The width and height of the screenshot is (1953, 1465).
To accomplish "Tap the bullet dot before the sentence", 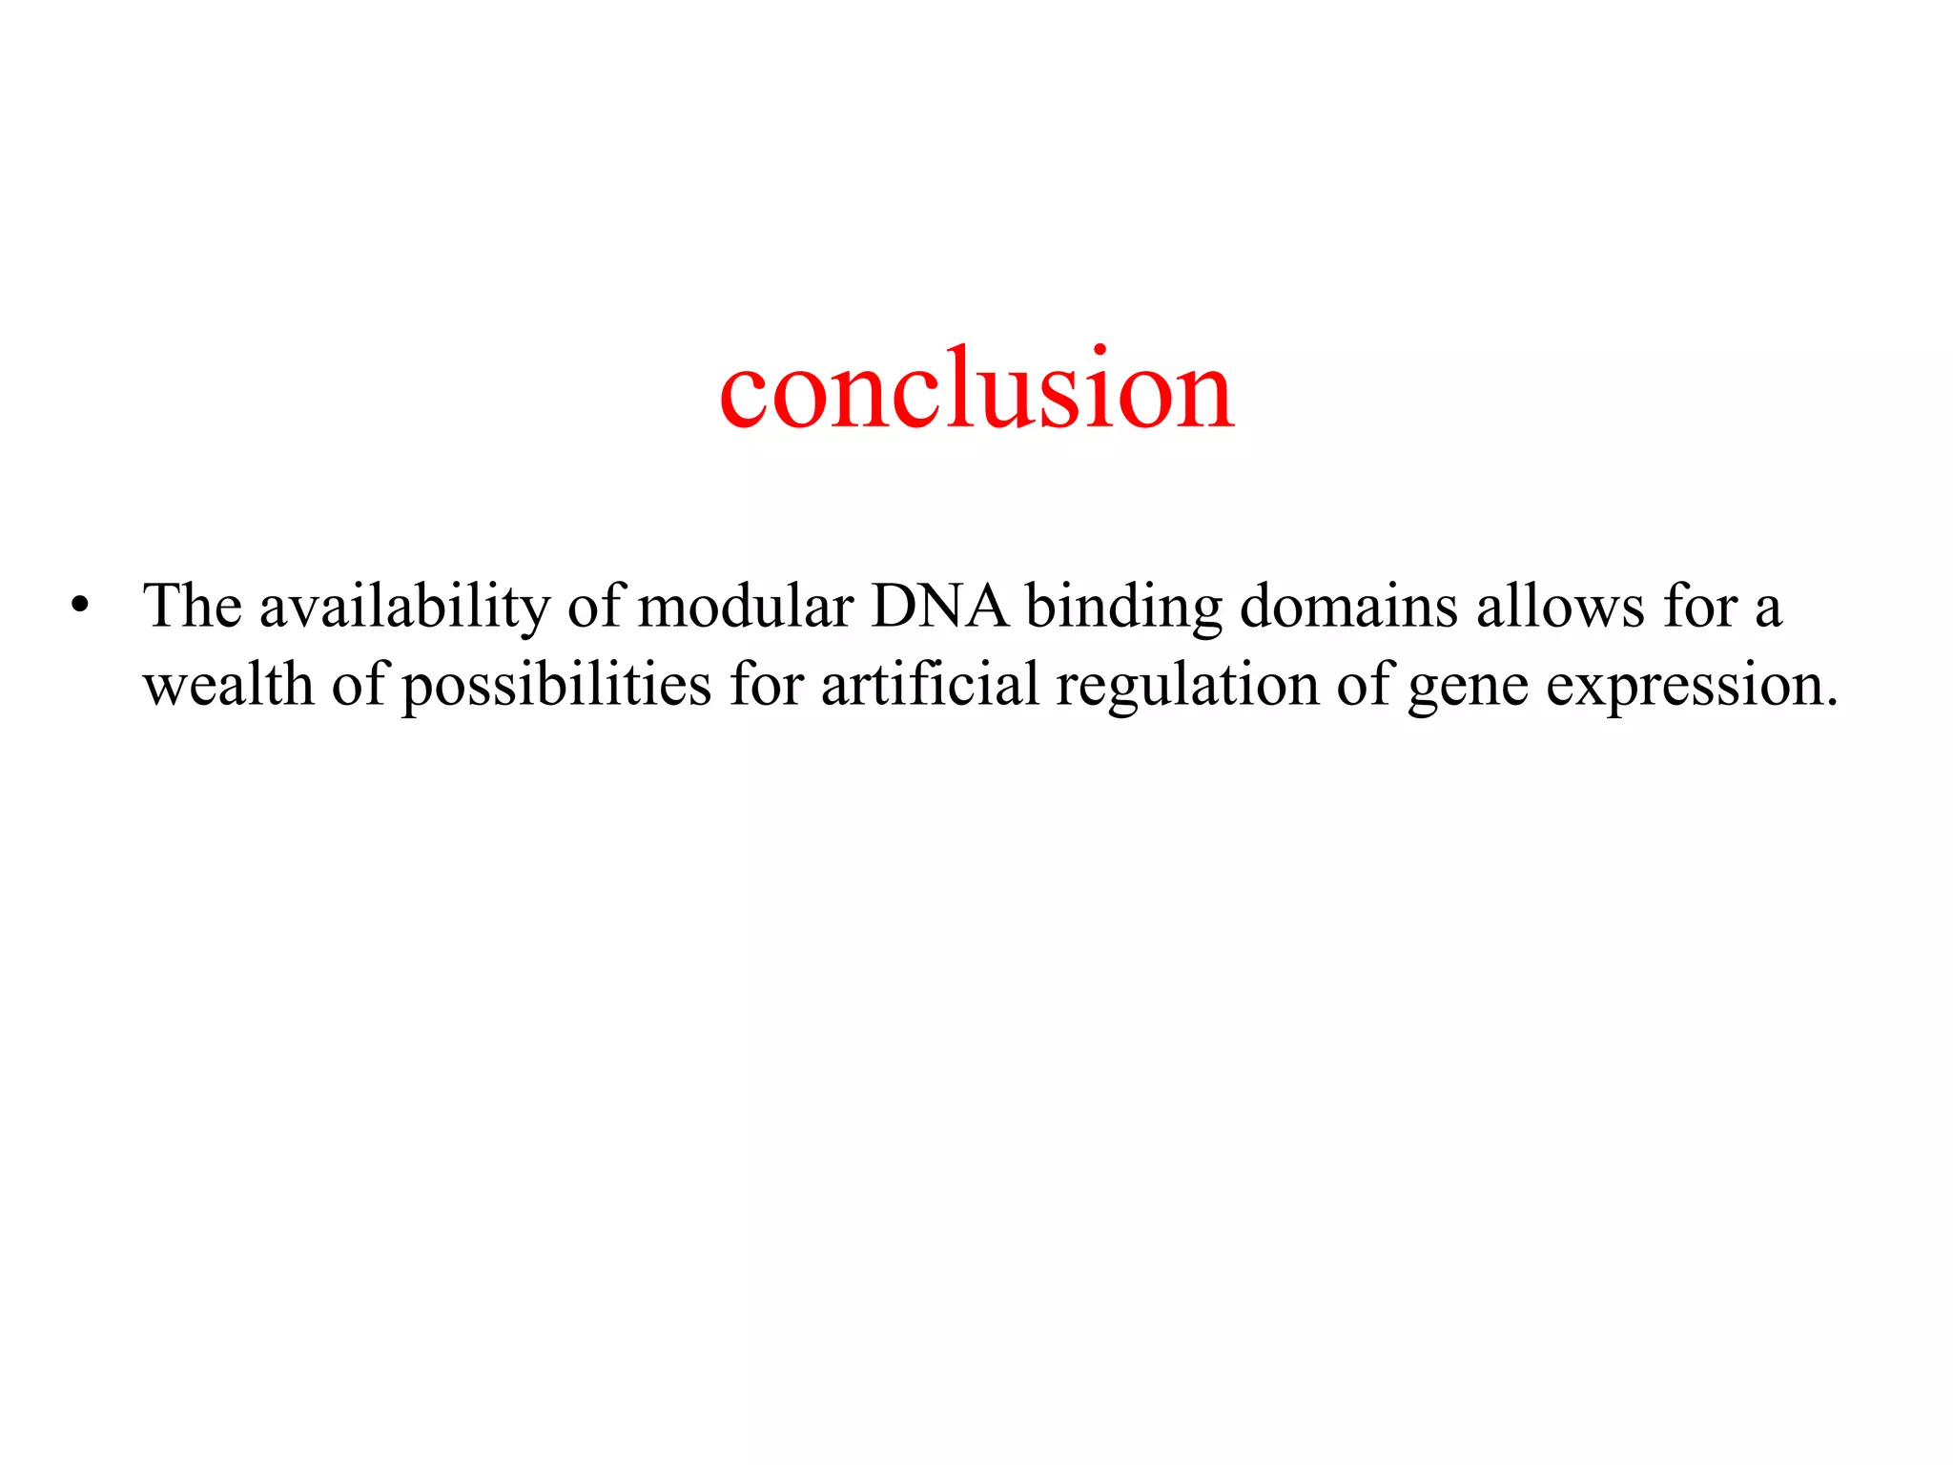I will [x=79, y=607].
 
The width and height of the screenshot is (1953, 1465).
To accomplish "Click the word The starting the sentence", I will [x=192, y=606].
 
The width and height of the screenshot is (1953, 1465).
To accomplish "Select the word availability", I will [x=404, y=608].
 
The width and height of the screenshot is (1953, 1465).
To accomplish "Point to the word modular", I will [x=745, y=607].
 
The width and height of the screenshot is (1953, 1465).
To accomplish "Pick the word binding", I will [x=1123, y=608].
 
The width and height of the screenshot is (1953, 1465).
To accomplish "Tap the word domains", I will [x=1348, y=607].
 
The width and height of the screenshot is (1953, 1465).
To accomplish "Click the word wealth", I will [x=228, y=685].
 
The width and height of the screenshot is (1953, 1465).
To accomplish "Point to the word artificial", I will [x=930, y=685].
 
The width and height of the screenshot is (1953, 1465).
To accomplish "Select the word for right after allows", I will [x=1701, y=607].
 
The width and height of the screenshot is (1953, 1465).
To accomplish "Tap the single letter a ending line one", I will [x=1768, y=610].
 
